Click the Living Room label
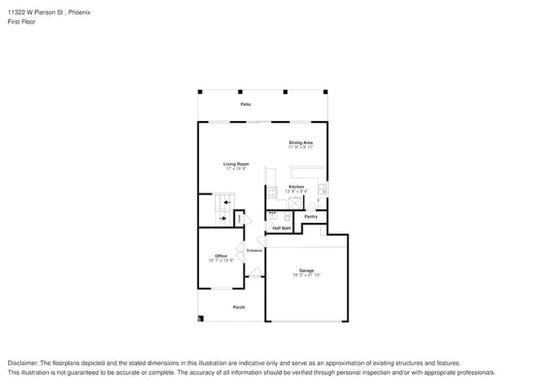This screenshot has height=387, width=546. point(235,163)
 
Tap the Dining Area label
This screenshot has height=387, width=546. point(301,143)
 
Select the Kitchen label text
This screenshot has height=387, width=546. point(297,186)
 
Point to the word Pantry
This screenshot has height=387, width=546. point(310,216)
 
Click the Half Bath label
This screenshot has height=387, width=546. point(281,227)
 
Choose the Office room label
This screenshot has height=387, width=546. point(221,256)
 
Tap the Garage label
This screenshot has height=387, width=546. point(307,270)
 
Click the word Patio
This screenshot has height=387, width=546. point(245,104)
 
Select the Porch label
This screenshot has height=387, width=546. point(239,307)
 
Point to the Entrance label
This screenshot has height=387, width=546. point(255,250)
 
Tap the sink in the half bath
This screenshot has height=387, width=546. point(272,215)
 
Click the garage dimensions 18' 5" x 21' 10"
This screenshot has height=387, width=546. point(307,275)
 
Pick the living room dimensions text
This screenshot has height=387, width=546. point(235,168)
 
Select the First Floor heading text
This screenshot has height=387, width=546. point(21,23)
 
